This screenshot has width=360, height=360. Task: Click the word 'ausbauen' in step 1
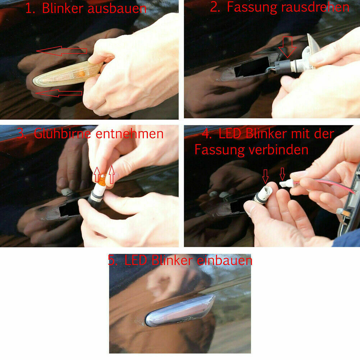tap(117, 9)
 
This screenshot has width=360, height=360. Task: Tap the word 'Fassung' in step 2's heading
tap(252, 7)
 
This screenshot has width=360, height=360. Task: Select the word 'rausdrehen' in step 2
tap(315, 7)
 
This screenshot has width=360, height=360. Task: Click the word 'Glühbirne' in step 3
tap(63, 133)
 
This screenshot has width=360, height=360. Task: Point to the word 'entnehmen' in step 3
tap(129, 134)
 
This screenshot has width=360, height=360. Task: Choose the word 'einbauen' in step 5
tap(224, 261)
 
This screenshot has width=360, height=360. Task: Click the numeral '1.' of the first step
tap(30, 9)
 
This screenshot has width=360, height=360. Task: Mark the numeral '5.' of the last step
tap(113, 261)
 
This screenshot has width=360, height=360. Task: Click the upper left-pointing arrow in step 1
tap(61, 51)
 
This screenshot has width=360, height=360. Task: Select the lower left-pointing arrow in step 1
tap(59, 93)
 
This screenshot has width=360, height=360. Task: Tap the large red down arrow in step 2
tap(287, 47)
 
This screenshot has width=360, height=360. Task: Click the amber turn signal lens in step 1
tap(68, 74)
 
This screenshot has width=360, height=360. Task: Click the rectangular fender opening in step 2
tap(252, 67)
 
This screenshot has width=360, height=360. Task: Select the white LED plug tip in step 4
tap(286, 184)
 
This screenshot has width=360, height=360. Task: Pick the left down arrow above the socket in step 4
tap(265, 176)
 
